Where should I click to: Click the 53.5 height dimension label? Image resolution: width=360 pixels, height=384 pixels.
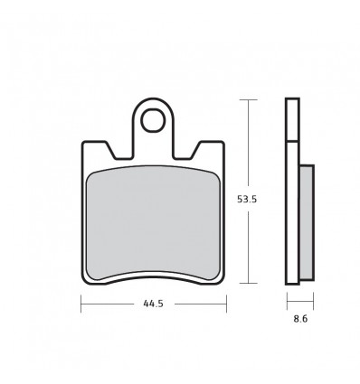pos(247,199)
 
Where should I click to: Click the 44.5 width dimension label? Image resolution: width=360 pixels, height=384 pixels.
pos(154,304)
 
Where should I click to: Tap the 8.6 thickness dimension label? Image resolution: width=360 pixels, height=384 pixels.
pos(300,319)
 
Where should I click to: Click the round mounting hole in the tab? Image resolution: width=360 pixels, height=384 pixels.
pos(153,120)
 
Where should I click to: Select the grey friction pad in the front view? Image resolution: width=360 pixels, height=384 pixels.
pos(153,223)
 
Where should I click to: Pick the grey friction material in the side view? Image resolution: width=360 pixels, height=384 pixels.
pos(307,222)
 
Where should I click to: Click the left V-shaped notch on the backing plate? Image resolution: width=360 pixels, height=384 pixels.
pos(118,151)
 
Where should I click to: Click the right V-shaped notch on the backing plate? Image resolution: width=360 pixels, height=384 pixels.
pos(187,151)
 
